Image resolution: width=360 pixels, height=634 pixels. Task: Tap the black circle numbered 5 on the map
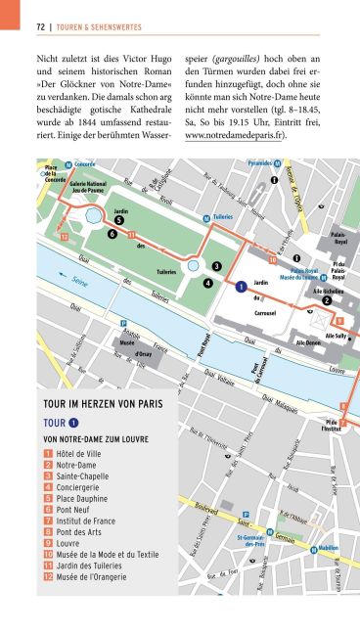(118, 220)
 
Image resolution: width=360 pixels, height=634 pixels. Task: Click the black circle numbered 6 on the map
(113, 235)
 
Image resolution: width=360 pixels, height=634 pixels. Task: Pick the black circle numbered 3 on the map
(216, 265)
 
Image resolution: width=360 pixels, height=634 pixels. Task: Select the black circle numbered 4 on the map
(208, 283)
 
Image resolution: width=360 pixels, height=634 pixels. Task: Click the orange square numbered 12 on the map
(65, 236)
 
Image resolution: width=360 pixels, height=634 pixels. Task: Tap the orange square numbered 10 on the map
(273, 260)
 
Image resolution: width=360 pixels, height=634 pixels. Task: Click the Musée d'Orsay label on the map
(128, 348)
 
